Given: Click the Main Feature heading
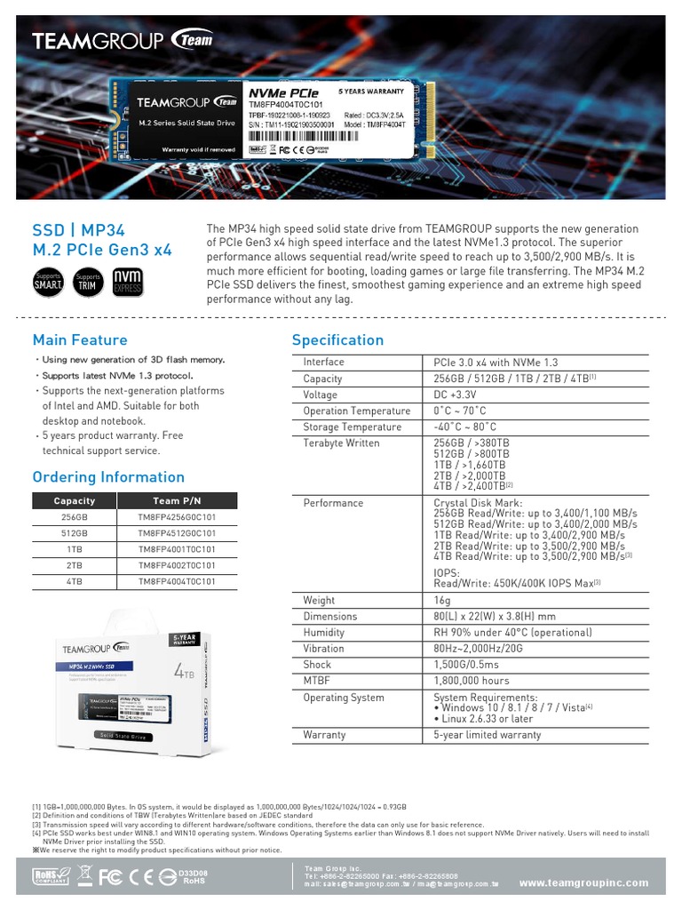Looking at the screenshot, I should (80, 339).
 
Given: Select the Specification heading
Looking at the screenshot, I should (337, 339).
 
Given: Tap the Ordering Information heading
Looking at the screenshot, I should (108, 476).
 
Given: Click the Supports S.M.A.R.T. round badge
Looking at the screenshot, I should (48, 281).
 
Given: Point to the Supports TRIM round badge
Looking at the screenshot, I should (88, 281).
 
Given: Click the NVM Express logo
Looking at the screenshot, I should (126, 281).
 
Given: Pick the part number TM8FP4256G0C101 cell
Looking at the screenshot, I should (177, 516).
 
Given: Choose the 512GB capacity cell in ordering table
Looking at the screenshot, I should (75, 532).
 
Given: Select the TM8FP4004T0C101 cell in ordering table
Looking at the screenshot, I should (177, 581).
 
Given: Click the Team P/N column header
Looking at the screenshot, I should (177, 500).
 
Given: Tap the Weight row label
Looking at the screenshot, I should (319, 601).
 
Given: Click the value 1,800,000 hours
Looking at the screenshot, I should (471, 681).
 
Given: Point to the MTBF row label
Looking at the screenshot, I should (317, 681).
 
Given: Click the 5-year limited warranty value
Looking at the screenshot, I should (487, 735).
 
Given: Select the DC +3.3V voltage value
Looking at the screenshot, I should (457, 395).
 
